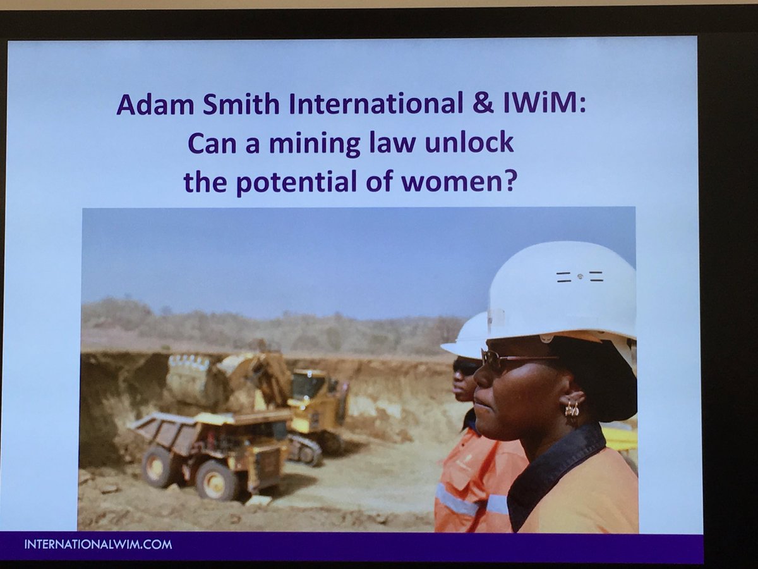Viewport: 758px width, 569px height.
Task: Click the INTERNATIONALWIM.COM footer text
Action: click(98, 544)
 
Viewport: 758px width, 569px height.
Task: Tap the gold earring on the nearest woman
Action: click(572, 409)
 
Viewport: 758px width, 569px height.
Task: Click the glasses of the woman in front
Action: click(505, 361)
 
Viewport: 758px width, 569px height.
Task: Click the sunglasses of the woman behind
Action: click(466, 367)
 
